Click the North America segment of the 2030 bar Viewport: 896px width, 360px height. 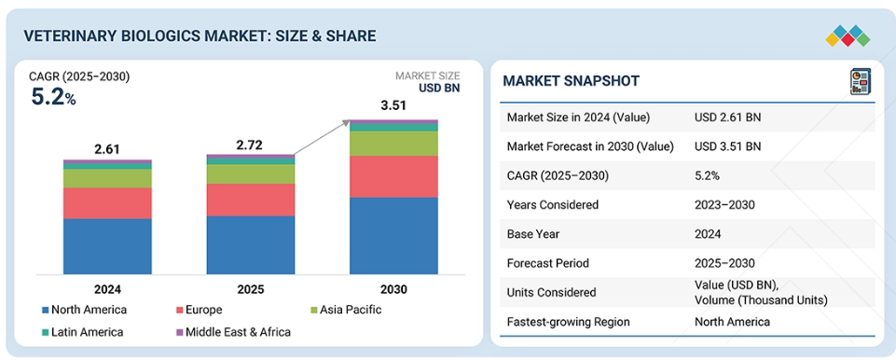pos(393,236)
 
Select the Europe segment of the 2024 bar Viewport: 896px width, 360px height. pos(107,203)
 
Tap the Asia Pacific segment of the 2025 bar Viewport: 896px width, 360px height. pos(251,174)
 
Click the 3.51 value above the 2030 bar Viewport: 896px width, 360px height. pos(393,106)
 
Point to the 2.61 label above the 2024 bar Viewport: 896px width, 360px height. pos(107,149)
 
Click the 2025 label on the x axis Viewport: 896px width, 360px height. pos(251,289)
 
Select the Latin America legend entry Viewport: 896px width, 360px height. pos(82,332)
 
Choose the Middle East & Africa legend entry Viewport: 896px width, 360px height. pos(232,332)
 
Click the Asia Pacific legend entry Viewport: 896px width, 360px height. pos(345,311)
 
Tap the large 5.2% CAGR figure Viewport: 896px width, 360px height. pos(53,97)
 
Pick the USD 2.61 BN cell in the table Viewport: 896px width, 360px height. pos(728,118)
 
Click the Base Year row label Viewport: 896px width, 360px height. pos(533,234)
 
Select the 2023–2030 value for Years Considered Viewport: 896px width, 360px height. pos(724,204)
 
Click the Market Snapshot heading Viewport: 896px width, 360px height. pos(571,81)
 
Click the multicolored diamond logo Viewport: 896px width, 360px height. pos(848,35)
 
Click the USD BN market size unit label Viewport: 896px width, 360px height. pos(439,88)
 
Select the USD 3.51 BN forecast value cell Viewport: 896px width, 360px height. pos(728,146)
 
